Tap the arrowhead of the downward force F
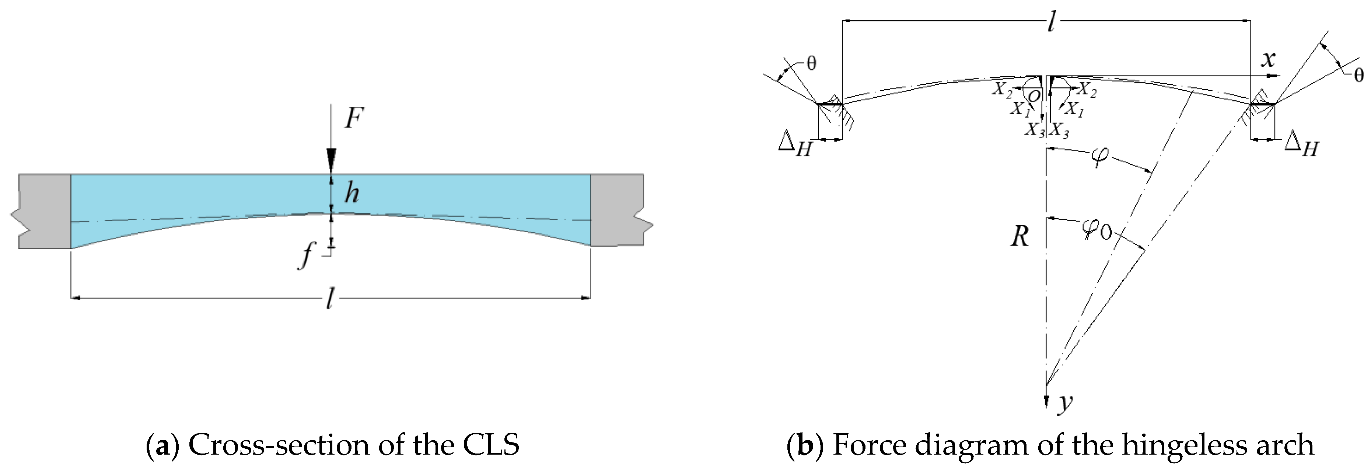pyautogui.click(x=331, y=160)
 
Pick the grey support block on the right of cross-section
pyautogui.click(x=618, y=210)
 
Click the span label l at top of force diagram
pyautogui.click(x=1050, y=22)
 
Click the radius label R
pyautogui.click(x=1019, y=236)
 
